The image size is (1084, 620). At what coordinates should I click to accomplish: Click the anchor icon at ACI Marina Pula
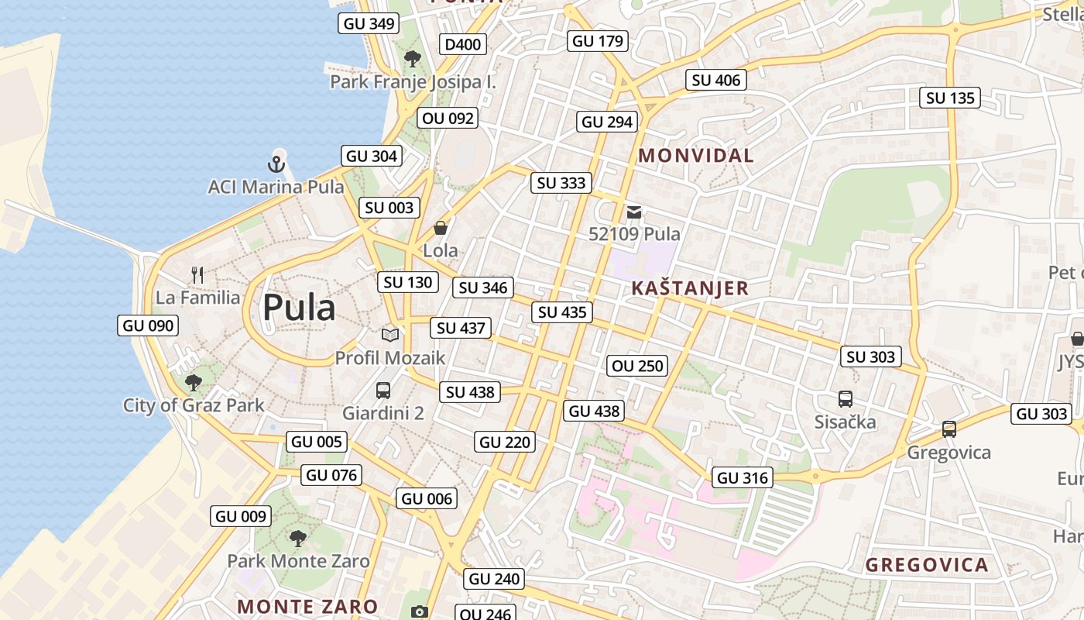click(276, 164)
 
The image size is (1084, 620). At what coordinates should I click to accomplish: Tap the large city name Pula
click(299, 308)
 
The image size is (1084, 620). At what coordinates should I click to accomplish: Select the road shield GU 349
click(369, 23)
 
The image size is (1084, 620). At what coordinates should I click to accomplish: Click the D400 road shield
click(463, 44)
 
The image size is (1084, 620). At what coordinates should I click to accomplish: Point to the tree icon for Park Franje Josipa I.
click(413, 58)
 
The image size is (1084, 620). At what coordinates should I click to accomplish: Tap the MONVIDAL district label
click(695, 155)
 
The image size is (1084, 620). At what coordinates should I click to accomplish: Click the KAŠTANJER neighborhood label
click(690, 288)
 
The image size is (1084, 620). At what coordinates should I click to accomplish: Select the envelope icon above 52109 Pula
click(634, 212)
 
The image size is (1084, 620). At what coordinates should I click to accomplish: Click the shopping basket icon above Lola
click(441, 228)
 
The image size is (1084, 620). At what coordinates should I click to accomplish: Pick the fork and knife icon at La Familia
click(197, 275)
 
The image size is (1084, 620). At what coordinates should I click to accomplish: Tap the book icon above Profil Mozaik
click(390, 335)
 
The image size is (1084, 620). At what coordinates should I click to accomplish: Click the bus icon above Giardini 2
click(383, 390)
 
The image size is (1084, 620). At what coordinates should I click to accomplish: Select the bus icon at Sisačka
click(846, 399)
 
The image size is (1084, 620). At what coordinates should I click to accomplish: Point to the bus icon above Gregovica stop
click(949, 429)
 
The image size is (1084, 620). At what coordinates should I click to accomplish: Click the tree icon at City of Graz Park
click(194, 382)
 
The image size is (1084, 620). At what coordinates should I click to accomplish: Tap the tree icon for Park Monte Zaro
click(298, 538)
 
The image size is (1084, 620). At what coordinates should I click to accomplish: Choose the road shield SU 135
click(951, 98)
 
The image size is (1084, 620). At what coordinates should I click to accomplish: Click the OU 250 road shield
click(638, 366)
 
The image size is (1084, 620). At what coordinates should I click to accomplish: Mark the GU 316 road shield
click(743, 478)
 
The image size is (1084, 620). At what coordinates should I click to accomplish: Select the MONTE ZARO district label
click(307, 606)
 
